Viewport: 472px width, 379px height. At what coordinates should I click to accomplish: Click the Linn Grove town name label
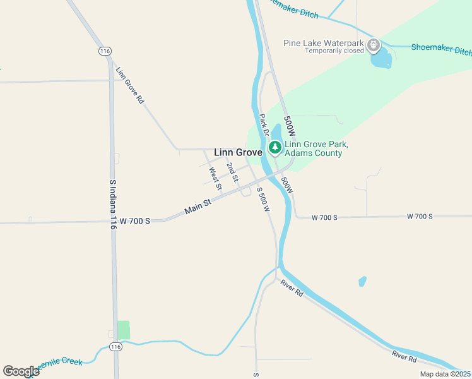(x=238, y=152)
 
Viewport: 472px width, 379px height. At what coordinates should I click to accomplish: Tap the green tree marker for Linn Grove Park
(x=274, y=148)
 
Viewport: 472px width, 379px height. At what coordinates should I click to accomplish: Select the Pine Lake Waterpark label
(x=324, y=42)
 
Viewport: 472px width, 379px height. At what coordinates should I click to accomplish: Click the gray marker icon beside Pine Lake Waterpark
(x=374, y=45)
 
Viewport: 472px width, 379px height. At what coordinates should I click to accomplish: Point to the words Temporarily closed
(x=334, y=51)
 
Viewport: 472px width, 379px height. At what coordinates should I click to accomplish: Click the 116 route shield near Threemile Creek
(x=115, y=347)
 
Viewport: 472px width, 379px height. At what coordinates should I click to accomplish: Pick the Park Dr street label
(x=264, y=124)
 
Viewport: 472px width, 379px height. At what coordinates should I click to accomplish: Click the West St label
(x=215, y=178)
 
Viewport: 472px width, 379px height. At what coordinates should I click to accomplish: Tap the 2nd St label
(x=232, y=172)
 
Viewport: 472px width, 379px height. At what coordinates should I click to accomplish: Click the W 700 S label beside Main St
(x=135, y=221)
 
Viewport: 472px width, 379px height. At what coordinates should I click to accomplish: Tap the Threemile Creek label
(x=59, y=364)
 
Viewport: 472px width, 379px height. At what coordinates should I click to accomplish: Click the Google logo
(x=21, y=371)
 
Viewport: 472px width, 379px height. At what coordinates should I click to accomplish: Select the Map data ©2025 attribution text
(x=445, y=373)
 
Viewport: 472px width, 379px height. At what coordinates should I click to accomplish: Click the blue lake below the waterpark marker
(x=381, y=59)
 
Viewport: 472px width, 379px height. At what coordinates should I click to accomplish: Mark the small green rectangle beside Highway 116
(x=123, y=330)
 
